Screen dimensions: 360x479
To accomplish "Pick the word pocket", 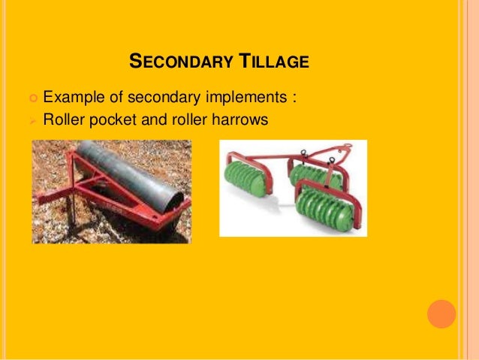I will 114,119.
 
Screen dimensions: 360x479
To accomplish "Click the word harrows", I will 239,119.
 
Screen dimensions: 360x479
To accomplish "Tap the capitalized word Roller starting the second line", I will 65,119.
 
